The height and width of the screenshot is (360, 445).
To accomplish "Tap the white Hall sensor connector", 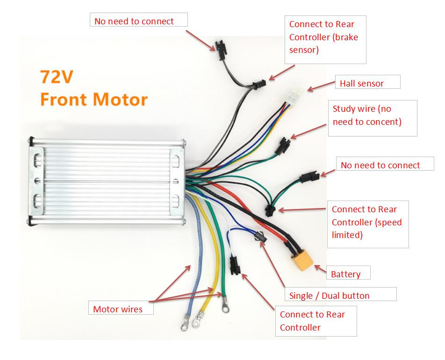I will pos(293,97).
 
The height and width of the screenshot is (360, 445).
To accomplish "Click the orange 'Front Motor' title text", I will pos(94,99).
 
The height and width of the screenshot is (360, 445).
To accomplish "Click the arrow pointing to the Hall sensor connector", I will pos(319,87).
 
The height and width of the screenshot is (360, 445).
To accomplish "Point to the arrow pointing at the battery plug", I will pos(321,268).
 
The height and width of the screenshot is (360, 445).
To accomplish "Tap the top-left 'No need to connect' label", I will pos(138,20).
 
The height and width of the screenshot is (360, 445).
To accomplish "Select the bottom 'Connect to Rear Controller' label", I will pos(316,321).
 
